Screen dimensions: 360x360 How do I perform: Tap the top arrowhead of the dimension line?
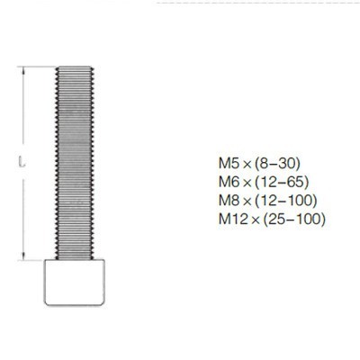tap(22, 70)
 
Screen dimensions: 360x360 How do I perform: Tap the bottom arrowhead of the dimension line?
tap(22, 256)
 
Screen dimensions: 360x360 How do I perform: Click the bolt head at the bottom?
tap(75, 283)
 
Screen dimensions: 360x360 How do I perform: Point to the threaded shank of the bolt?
tap(75, 163)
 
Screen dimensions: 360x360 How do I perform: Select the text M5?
tap(229, 163)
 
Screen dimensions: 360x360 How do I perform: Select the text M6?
tap(229, 182)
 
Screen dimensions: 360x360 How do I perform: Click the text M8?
tap(229, 201)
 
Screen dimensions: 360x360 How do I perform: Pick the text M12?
tap(234, 219)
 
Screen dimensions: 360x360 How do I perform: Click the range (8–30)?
tap(277, 164)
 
